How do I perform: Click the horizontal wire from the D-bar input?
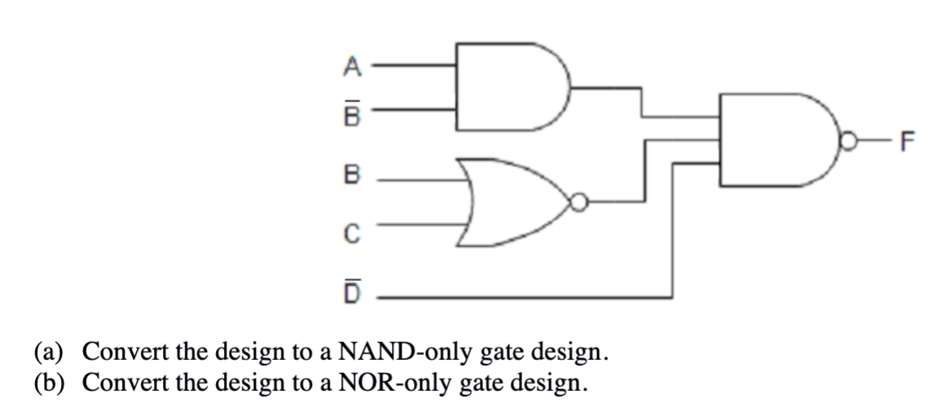[521, 298]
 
